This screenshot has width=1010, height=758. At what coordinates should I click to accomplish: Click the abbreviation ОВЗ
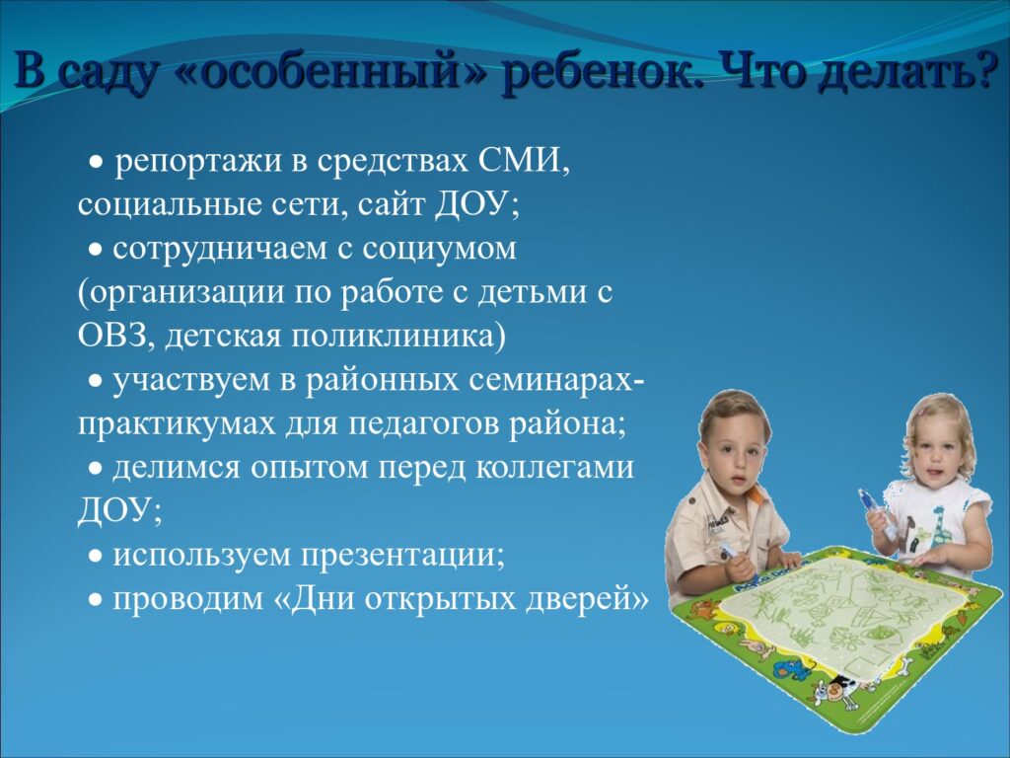116,336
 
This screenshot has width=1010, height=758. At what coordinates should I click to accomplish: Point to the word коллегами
554,468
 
